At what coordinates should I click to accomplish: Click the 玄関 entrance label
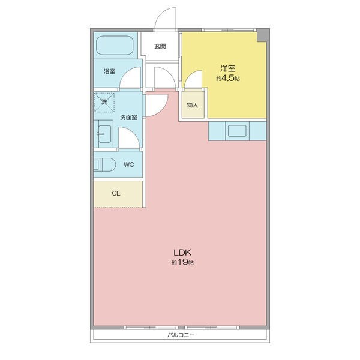click(x=160, y=46)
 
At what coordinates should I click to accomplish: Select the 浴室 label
click(x=109, y=71)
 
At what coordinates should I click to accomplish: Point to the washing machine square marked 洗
click(x=104, y=103)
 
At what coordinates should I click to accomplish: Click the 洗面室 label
click(x=128, y=118)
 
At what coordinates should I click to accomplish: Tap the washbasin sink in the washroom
click(x=104, y=134)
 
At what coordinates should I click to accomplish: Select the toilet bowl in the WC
click(x=104, y=164)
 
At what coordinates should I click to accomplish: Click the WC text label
click(x=128, y=164)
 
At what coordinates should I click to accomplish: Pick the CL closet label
click(x=116, y=194)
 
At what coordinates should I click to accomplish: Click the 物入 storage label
click(x=193, y=105)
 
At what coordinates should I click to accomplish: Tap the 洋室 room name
click(x=228, y=68)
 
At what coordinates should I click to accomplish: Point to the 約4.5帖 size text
click(x=228, y=78)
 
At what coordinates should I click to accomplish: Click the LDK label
click(x=182, y=253)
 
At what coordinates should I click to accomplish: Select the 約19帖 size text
click(x=182, y=262)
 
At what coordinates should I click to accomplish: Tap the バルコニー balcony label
click(x=181, y=335)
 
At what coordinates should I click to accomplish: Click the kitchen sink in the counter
click(x=237, y=131)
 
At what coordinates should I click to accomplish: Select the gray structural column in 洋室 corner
click(x=262, y=35)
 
